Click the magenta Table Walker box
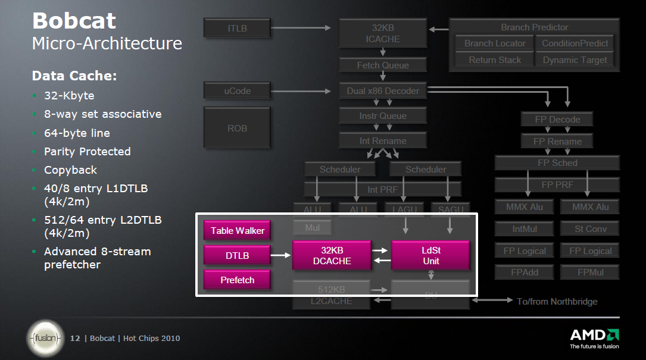[x=237, y=231]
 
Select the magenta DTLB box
[x=237, y=255]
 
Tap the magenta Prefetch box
[x=237, y=280]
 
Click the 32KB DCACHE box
[x=332, y=255]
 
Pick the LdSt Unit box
[x=430, y=255]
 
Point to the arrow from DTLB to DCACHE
[x=281, y=255]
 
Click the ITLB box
[x=237, y=27]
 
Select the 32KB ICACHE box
[x=382, y=33]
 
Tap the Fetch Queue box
[x=382, y=65]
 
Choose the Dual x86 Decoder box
[x=382, y=91]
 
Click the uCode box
[x=237, y=91]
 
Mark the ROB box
[x=237, y=128]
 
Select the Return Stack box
[x=494, y=60]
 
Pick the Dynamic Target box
[x=575, y=60]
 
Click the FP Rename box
[x=557, y=142]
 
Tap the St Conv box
[x=590, y=228]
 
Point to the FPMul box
[x=590, y=273]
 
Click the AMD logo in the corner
[x=594, y=337]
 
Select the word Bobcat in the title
[x=74, y=21]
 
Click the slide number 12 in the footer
[x=76, y=339]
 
